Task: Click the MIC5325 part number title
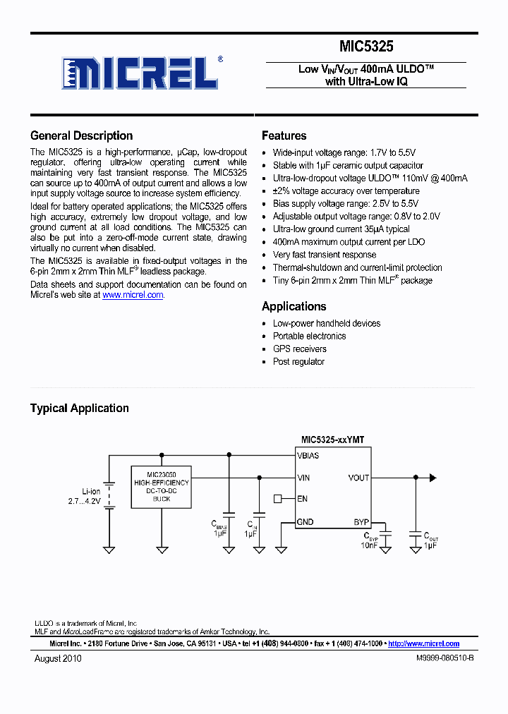[365, 47]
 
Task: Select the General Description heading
[81, 136]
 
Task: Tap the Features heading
[284, 136]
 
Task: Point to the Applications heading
[294, 306]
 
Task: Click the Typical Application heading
[79, 409]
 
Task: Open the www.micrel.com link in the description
[133, 296]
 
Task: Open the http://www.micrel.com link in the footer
[423, 643]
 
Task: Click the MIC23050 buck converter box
[162, 487]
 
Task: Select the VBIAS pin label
[308, 456]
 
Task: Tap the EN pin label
[302, 499]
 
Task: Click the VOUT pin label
[358, 478]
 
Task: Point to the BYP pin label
[361, 523]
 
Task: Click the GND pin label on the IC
[306, 523]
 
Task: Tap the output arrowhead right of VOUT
[433, 478]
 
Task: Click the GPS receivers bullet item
[299, 349]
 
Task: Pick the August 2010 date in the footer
[58, 658]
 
